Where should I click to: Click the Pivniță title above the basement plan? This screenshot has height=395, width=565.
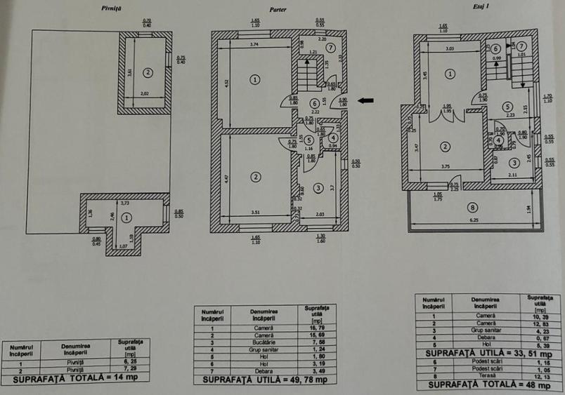coord(112,8)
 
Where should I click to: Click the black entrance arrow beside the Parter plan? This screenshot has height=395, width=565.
coord(365,100)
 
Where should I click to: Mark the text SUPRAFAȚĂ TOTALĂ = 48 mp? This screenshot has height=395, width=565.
coord(487,385)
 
